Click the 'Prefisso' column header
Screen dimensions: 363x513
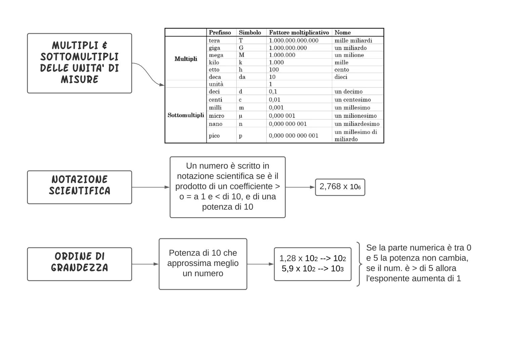220,33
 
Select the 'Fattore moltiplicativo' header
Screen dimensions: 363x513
299,33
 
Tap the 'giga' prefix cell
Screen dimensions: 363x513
214,48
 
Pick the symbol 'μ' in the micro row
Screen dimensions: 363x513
240,116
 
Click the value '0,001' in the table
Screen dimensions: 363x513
276,108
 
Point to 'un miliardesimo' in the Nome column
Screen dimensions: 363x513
357,124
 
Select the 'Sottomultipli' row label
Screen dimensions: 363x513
186,115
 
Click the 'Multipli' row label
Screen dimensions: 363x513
186,59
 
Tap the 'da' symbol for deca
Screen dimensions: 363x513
242,77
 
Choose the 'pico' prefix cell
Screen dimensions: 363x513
214,136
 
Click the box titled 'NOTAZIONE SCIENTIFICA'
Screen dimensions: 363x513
80,187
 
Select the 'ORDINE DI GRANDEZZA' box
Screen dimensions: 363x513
80,264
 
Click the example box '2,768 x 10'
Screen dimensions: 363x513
340,187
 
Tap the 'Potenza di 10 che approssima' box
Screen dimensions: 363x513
203,264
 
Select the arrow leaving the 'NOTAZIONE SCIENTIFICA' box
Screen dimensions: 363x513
151,187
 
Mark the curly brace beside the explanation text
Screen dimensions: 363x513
359,264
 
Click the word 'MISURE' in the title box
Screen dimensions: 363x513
80,80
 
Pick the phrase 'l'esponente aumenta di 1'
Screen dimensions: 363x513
413,279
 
